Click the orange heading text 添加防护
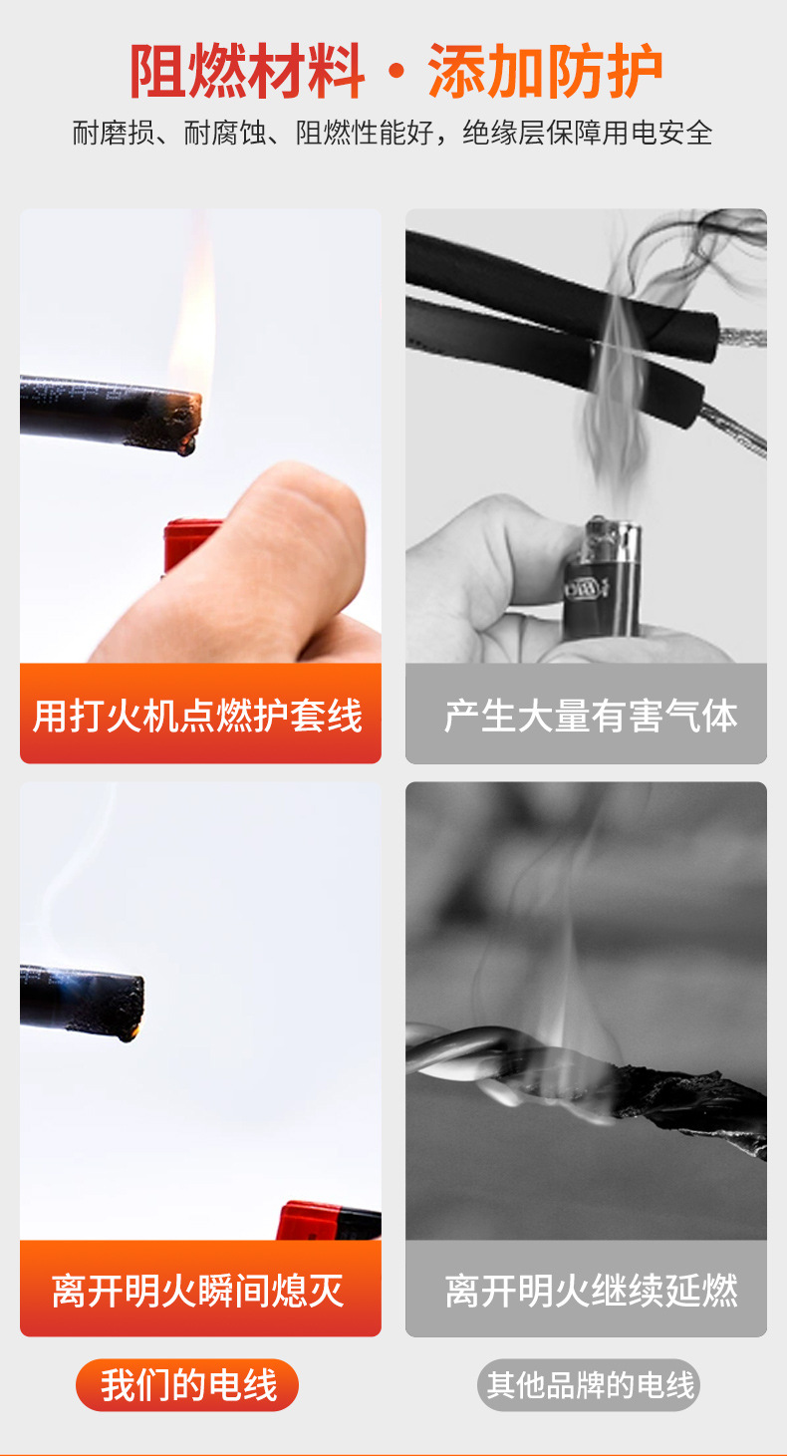pos(545,72)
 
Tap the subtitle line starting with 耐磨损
pos(393,133)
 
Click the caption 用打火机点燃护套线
pos(199,716)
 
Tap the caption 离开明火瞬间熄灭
pos(199,1290)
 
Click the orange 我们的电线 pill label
pos(187,1385)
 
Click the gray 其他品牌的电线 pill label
pos(590,1385)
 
